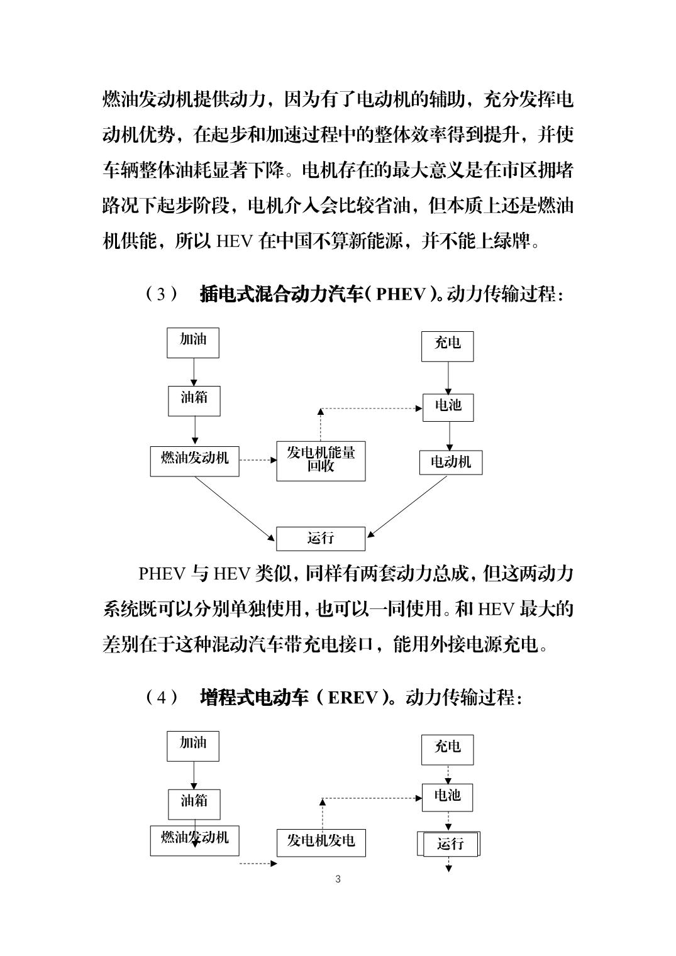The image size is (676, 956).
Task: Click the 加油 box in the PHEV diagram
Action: pos(193,343)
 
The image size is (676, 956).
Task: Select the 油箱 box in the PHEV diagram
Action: pos(194,401)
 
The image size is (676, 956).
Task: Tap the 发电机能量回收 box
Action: pos(321,461)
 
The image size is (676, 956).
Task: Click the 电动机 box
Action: pos(451,463)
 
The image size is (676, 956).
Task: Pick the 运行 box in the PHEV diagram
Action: pos(321,539)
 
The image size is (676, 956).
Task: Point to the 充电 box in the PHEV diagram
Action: pos(448,346)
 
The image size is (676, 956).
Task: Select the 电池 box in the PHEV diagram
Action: pos(448,407)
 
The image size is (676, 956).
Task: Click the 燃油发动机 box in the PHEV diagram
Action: pos(195,461)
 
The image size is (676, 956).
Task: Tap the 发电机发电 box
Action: pos(321,843)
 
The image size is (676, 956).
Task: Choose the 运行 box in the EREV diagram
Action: pos(449,843)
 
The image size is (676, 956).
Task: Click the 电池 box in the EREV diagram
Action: pos(448,798)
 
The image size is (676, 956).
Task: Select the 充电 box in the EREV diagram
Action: pos(448,750)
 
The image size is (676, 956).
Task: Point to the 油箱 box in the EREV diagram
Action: pos(194,805)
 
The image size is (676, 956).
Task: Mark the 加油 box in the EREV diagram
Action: pos(193,746)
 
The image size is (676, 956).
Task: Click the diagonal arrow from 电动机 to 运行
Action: pos(407,506)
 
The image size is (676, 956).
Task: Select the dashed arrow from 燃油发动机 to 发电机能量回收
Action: pos(258,460)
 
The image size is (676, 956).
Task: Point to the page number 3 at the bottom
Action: pos(338,879)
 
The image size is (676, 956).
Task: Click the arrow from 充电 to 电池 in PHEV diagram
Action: pos(448,378)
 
